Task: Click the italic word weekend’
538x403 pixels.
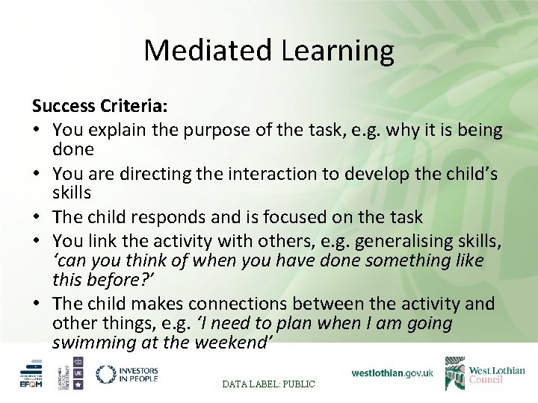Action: [x=232, y=343]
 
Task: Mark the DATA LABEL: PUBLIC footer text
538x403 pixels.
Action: [x=269, y=384]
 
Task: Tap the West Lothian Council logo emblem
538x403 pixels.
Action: [x=455, y=373]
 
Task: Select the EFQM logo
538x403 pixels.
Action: [x=31, y=373]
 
